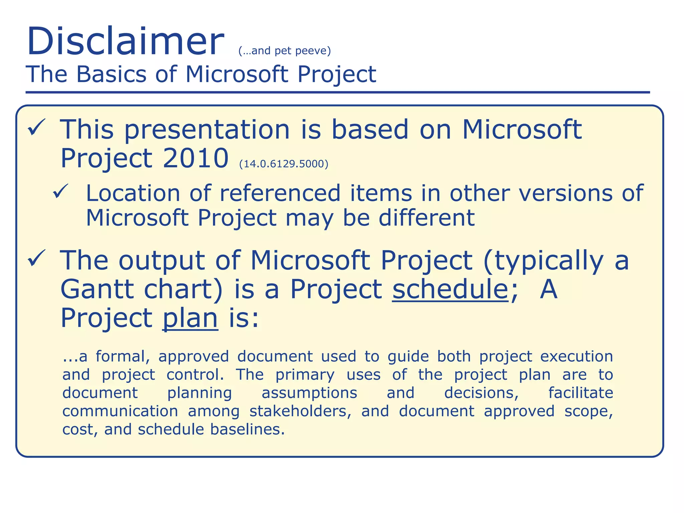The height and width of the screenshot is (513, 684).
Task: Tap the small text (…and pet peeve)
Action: tap(285, 51)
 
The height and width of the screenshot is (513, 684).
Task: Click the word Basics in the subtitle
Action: tap(111, 74)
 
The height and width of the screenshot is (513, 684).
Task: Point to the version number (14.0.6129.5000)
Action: tap(284, 164)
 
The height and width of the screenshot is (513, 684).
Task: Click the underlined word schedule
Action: tap(450, 289)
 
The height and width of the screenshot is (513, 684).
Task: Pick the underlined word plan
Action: tap(190, 318)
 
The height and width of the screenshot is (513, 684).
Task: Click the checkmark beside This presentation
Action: tap(36, 127)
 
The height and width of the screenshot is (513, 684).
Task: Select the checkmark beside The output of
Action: tap(36, 258)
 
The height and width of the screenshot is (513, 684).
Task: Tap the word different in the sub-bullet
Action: tap(426, 218)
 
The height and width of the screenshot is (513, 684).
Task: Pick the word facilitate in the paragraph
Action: tap(580, 393)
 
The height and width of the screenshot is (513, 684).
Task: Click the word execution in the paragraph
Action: tap(576, 357)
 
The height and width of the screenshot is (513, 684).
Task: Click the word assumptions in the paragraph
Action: tap(309, 393)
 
